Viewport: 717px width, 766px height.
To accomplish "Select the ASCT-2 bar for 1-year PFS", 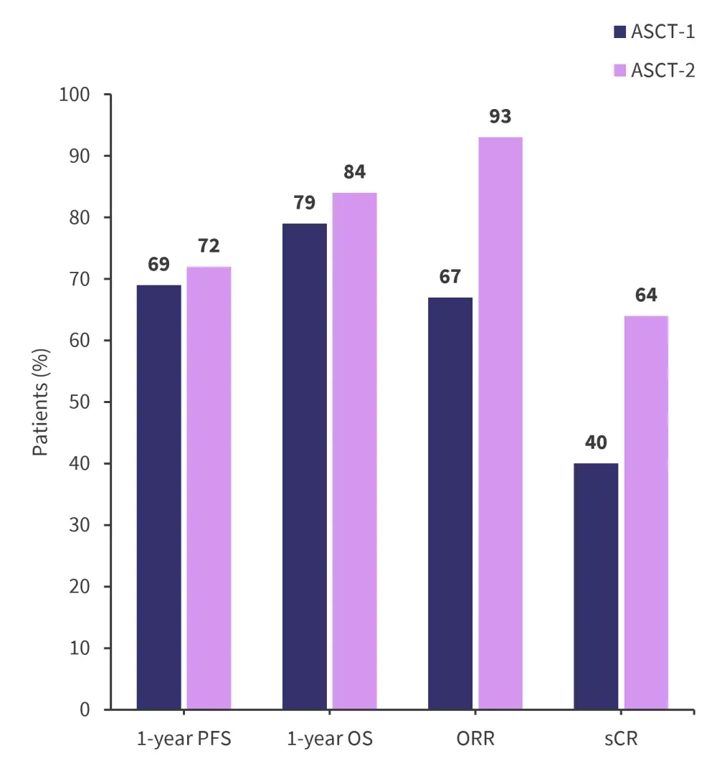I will click(209, 488).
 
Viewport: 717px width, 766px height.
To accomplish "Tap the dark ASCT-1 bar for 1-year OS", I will click(305, 466).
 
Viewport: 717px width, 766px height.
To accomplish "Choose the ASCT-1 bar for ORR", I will click(450, 503).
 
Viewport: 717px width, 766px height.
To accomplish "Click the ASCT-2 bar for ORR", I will click(500, 423).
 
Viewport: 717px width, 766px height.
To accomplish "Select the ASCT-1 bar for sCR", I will click(596, 586).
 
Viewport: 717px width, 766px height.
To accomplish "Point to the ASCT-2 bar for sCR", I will click(646, 512).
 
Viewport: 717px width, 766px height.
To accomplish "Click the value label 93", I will click(500, 116).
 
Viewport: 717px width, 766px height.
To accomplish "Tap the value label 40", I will click(596, 443).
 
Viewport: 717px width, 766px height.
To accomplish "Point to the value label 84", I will click(354, 172).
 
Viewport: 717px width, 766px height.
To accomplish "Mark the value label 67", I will click(450, 277).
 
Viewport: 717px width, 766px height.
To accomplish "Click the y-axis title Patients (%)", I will click(41, 402).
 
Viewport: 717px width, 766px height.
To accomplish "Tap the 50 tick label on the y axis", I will click(80, 402).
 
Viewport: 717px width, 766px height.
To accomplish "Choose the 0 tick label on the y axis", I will click(85, 709).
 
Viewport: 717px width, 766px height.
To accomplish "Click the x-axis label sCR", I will click(621, 739).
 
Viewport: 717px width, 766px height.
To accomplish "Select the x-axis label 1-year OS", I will click(330, 739).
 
